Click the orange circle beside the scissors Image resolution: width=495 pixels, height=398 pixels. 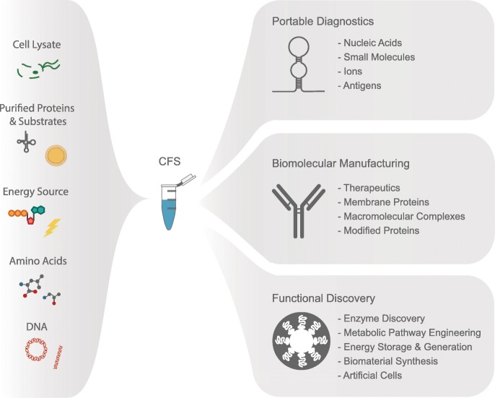point(56,155)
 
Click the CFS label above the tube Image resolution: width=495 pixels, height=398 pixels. point(168,165)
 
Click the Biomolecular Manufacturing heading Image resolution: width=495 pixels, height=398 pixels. point(341,163)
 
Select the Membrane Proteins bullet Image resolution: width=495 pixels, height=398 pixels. point(383,202)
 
